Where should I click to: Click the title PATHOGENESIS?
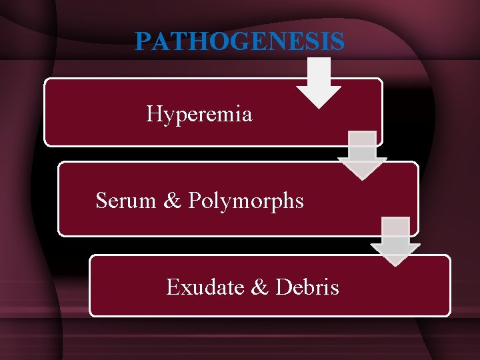(239, 41)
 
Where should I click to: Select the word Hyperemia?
(199, 115)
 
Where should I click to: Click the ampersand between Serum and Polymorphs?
(173, 200)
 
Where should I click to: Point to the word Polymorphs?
(246, 201)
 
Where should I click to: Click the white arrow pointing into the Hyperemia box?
(319, 83)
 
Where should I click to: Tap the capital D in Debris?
(281, 287)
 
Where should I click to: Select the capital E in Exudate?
(173, 287)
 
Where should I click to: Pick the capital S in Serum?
(101, 200)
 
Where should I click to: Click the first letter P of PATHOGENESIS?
(143, 41)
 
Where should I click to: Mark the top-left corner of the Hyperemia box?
(45, 79)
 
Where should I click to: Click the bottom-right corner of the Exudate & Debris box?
(450, 315)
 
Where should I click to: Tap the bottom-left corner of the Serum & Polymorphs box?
(59, 235)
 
